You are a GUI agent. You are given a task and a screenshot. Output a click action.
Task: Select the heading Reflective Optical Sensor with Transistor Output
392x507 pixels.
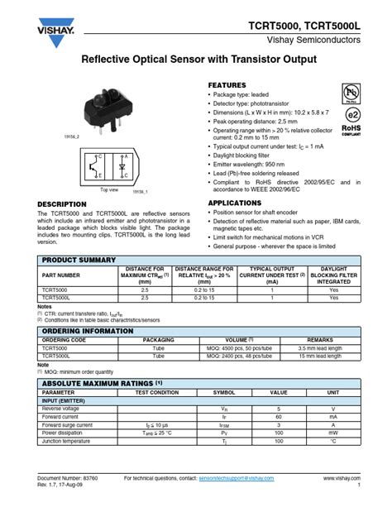tap(199, 61)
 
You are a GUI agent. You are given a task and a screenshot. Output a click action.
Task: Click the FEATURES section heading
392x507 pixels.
tap(227, 85)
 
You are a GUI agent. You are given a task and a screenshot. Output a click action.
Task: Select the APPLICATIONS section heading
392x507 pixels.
tap(235, 203)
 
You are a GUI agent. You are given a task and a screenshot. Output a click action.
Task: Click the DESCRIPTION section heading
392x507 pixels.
tap(62, 203)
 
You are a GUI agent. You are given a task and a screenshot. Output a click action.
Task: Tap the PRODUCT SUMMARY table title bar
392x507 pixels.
tap(199, 260)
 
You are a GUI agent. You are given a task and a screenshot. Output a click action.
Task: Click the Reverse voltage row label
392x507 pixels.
tap(61, 409)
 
